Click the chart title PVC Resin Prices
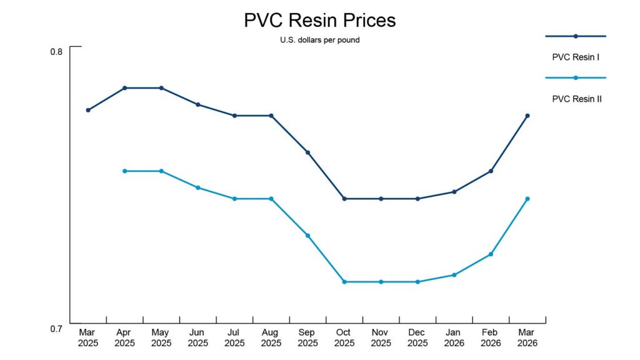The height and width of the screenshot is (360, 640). click(319, 21)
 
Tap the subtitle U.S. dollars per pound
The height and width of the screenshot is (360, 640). click(319, 40)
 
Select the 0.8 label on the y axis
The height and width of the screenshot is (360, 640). click(56, 52)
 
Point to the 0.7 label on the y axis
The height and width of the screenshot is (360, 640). click(56, 329)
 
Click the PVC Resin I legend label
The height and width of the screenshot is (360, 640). click(576, 57)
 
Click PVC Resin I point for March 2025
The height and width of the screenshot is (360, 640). click(88, 110)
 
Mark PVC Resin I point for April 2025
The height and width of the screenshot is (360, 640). click(125, 88)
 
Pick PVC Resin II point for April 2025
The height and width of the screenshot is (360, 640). click(125, 171)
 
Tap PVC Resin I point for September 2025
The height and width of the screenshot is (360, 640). click(308, 152)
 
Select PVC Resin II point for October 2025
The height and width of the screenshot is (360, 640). click(344, 282)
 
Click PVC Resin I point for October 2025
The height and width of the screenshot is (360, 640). click(344, 199)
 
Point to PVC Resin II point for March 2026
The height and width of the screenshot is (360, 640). click(527, 199)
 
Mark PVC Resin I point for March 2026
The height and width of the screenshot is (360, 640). click(527, 116)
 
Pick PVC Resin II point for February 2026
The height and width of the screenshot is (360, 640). click(491, 254)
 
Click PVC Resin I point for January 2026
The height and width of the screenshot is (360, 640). click(454, 192)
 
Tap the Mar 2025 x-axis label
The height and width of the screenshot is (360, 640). click(88, 337)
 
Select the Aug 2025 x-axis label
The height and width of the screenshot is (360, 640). click(271, 337)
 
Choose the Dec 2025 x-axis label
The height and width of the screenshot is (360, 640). click(417, 337)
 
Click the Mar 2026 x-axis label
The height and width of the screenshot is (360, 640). click(527, 337)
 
